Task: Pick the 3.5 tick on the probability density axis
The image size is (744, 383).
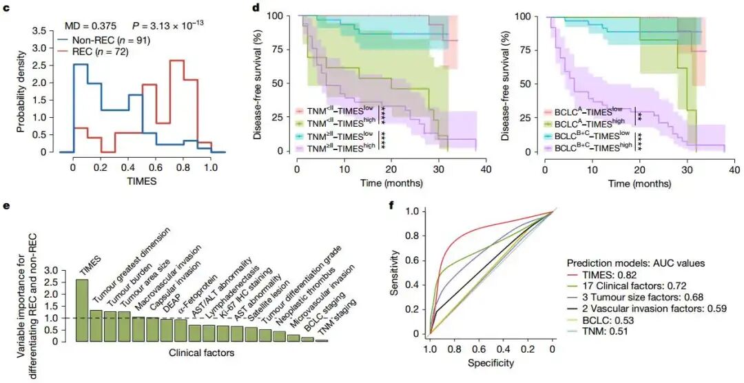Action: (39, 31)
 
